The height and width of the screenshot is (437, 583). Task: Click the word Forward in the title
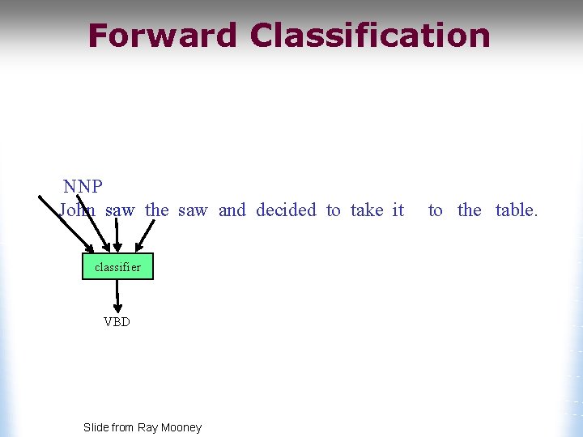click(163, 36)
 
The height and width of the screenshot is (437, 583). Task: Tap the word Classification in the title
click(370, 36)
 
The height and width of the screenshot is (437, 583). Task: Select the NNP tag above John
click(83, 187)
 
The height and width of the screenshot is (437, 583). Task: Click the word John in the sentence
click(78, 210)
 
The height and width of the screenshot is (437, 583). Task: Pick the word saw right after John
click(120, 210)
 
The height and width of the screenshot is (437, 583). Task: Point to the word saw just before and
click(193, 210)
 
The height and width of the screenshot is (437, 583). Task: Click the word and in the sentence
click(232, 210)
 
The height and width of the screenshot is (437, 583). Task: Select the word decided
click(286, 210)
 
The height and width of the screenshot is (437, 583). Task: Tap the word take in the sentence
click(367, 210)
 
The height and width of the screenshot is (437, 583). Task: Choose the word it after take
click(398, 210)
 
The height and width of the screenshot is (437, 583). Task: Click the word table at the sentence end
click(515, 210)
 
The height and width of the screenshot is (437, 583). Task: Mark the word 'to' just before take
click(334, 210)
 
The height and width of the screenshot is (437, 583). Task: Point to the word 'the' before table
click(470, 210)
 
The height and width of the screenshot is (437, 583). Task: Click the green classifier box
click(117, 266)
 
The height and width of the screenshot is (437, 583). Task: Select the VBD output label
click(117, 321)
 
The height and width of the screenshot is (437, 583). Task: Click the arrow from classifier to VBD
click(118, 296)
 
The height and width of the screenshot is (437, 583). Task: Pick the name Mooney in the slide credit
click(182, 427)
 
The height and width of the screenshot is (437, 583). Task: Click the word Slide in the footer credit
click(96, 427)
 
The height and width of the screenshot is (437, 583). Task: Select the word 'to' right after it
click(436, 210)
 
